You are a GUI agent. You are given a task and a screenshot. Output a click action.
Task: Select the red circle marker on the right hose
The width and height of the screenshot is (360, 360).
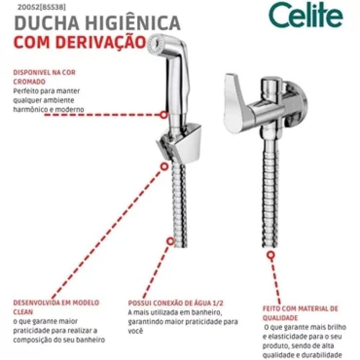[x=270, y=256]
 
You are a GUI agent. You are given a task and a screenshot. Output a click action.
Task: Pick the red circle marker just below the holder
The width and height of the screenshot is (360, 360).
[x=164, y=167]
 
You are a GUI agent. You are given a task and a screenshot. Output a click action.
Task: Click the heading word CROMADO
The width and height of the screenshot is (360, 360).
[x=29, y=82]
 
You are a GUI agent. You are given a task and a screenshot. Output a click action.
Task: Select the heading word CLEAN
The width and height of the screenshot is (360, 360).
[x=22, y=312]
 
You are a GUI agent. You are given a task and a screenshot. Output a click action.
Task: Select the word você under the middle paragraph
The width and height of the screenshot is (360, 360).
[x=136, y=330]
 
